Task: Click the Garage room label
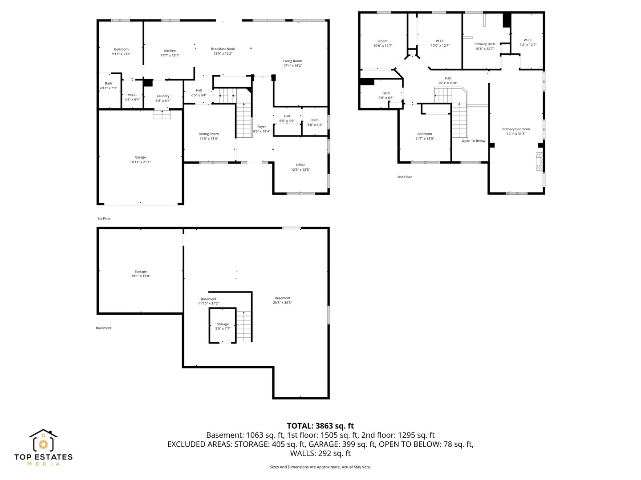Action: point(140,157)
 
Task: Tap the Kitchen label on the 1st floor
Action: point(170,51)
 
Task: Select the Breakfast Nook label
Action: point(223,49)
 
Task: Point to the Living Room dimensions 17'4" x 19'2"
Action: point(292,66)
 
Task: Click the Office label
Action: point(300,165)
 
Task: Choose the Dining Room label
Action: point(208,134)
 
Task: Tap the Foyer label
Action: point(261,127)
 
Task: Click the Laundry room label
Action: point(163,96)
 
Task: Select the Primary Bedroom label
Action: point(516,129)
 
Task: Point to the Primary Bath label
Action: point(484,44)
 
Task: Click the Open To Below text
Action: point(473,141)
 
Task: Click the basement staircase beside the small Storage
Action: point(244,327)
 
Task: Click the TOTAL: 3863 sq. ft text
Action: point(320,426)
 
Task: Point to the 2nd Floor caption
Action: point(405,177)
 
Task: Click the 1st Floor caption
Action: point(104,219)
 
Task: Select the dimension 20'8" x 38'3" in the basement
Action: point(282,303)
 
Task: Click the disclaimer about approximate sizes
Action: point(320,467)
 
